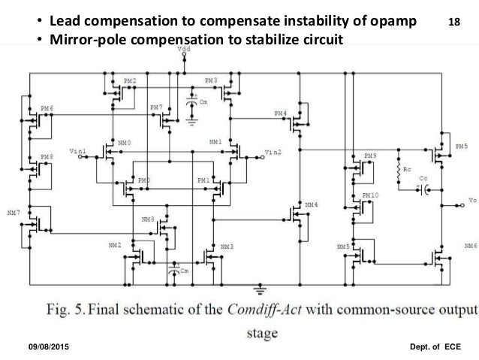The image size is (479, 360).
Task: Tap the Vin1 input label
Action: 77,151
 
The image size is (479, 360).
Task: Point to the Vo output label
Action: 471,200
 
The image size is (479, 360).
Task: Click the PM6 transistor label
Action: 47,109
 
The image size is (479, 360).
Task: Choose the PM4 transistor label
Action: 280,113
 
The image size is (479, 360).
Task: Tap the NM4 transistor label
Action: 311,204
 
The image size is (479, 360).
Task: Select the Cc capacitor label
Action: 424,178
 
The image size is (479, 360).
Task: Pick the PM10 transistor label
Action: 370,195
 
